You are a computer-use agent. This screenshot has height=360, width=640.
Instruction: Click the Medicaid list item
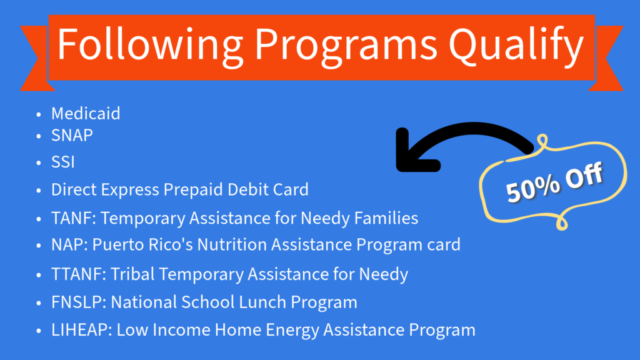coord(86,114)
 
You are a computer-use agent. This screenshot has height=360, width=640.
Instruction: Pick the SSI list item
coord(63,162)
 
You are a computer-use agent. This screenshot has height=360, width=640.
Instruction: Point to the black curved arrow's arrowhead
coord(406,153)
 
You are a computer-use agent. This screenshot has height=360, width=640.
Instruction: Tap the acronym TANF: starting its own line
coord(73,219)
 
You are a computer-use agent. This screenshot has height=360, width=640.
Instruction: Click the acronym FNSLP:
coord(79,302)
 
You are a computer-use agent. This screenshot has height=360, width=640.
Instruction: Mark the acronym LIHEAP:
coord(82,329)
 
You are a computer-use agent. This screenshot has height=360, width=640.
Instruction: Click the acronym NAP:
coord(69,244)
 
